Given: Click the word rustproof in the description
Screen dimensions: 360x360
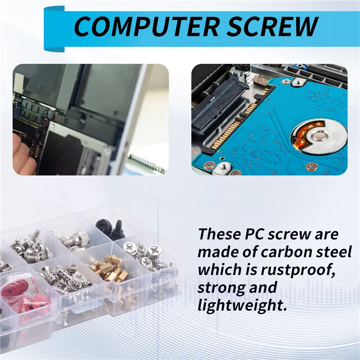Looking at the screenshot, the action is click(298, 270).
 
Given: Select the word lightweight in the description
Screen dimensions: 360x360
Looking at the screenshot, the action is click(242, 306).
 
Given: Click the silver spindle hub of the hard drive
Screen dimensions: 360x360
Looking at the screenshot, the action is click(319, 136).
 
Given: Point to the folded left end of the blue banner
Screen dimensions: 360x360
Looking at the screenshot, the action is click(54, 28).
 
